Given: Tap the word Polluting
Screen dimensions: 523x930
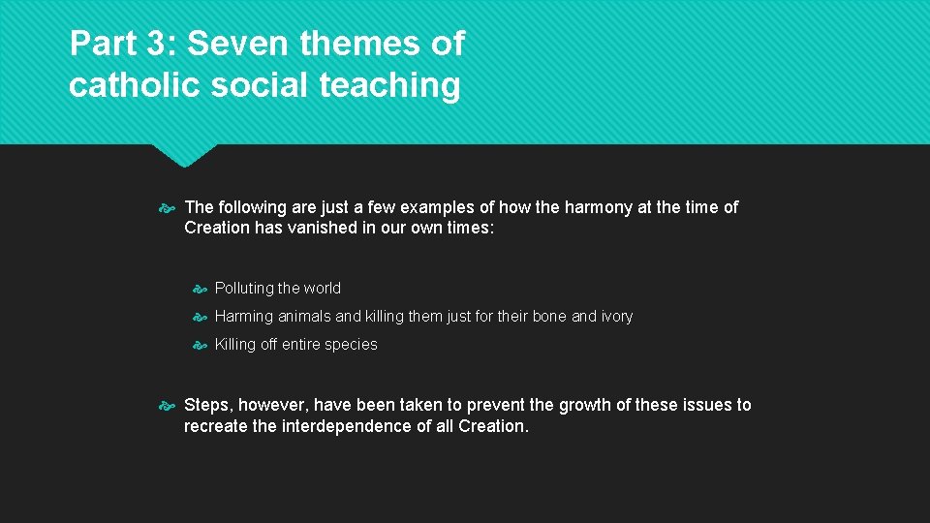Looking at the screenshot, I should pos(244,289).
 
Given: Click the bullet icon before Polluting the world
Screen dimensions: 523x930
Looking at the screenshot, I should pos(201,289).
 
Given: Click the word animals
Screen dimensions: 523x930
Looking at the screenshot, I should pos(302,317).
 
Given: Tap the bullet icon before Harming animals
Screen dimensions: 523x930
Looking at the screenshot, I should pos(201,317).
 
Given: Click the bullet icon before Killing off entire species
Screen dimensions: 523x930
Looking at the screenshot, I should pos(201,345).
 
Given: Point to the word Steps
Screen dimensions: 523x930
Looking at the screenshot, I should pos(207,405).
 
